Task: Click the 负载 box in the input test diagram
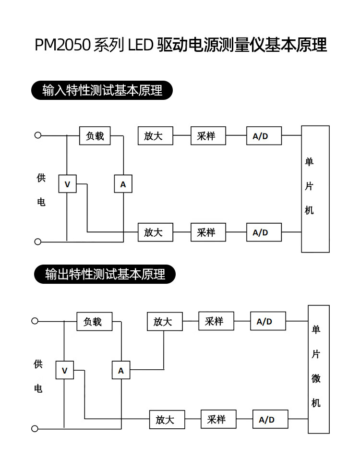[x=95, y=136]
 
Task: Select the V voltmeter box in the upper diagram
[x=67, y=184]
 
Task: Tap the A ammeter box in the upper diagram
[x=123, y=184]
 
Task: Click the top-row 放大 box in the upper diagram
[x=156, y=136]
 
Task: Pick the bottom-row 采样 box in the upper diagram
[x=208, y=232]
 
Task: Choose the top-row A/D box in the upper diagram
[x=264, y=136]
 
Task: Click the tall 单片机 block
[x=315, y=189]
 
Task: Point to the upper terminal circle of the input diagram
[x=38, y=135]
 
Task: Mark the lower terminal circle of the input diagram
[x=38, y=242]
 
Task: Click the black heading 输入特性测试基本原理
[x=102, y=90]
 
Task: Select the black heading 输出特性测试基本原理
[x=105, y=274]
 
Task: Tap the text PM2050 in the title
[x=62, y=45]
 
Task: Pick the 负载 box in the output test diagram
[x=95, y=322]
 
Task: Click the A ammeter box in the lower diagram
[x=121, y=370]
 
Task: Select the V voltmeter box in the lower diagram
[x=65, y=370]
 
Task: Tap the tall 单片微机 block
[x=319, y=369]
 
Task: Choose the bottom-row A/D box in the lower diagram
[x=270, y=419]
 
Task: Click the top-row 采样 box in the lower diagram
[x=216, y=321]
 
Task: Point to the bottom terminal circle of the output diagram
[x=35, y=429]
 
